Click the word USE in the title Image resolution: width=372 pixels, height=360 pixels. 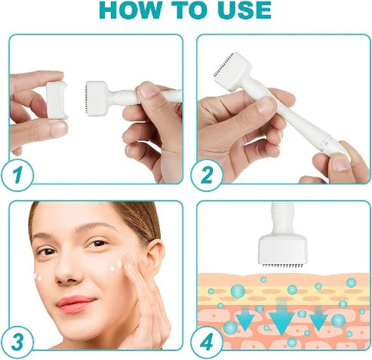pos(238,11)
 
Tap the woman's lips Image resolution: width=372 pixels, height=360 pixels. pos(75,303)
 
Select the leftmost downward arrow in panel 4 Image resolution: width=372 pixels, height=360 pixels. pos(245,320)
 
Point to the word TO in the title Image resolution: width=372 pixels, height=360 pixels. pos(186,11)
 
